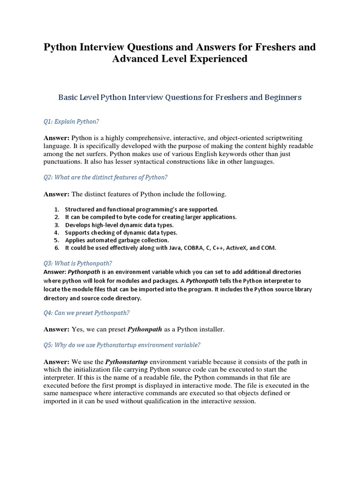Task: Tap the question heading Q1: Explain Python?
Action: (x=71, y=121)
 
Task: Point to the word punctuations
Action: (x=64, y=162)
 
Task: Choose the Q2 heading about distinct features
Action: (x=105, y=177)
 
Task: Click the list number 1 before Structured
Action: (x=56, y=209)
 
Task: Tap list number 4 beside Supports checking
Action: (x=56, y=232)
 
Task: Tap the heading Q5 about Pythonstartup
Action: (x=122, y=345)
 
